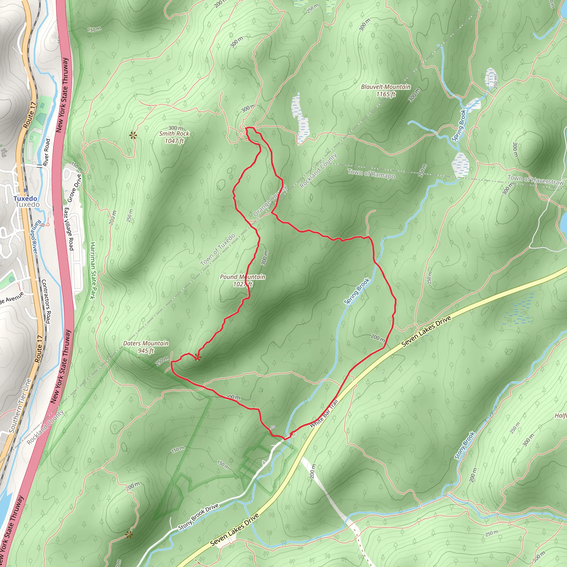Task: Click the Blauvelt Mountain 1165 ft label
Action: pos(386,90)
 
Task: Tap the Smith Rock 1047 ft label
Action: pos(174,137)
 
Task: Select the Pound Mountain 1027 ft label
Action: pos(243,280)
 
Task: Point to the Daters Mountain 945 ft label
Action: pos(146,347)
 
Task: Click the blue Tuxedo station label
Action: pos(25,199)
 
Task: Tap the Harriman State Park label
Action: pos(93,270)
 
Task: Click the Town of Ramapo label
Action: pos(371,174)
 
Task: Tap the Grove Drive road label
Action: pos(74,188)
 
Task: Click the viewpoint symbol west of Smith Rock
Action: pos(133,135)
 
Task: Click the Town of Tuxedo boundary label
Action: pos(218,249)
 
